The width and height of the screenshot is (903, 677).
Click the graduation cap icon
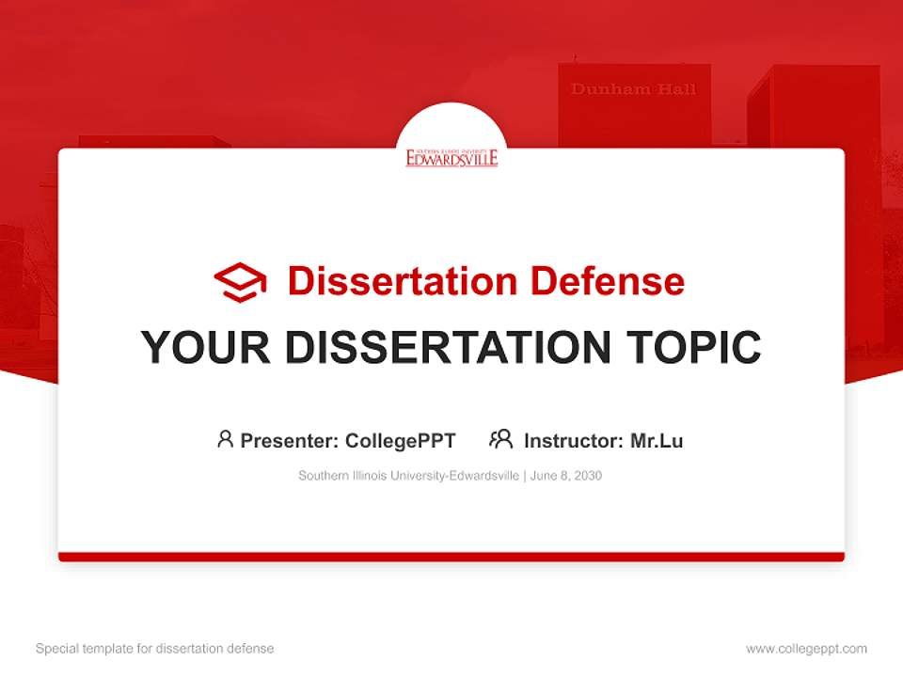click(x=240, y=282)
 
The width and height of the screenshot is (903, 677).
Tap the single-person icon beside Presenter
click(x=225, y=439)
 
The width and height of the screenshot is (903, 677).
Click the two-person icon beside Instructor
click(x=501, y=439)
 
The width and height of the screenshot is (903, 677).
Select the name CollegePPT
click(x=401, y=440)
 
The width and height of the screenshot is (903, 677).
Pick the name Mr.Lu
click(x=657, y=440)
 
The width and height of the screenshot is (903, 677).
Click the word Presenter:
click(x=290, y=440)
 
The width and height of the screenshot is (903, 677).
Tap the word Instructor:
click(x=573, y=440)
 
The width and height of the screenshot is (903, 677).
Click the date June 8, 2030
click(x=566, y=476)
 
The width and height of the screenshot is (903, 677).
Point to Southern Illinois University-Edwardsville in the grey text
click(x=408, y=476)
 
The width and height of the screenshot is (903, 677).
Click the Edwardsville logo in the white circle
click(x=451, y=157)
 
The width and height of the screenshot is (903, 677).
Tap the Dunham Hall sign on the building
click(x=633, y=89)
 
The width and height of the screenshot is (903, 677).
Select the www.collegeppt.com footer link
click(x=806, y=649)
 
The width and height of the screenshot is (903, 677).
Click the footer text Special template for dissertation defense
click(x=155, y=649)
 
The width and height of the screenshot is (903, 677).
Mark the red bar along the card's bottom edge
click(x=451, y=557)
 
